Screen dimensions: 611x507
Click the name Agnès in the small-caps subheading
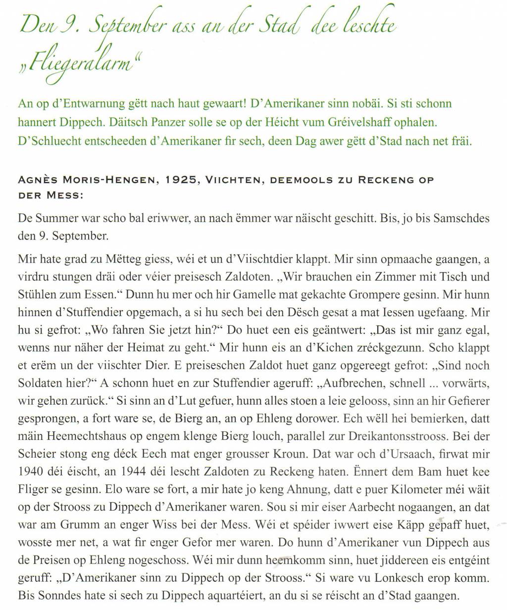(x=36, y=180)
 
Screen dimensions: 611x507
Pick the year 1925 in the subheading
(x=178, y=180)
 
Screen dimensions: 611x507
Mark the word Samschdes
(x=461, y=218)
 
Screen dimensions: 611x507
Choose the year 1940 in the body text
(x=30, y=472)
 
